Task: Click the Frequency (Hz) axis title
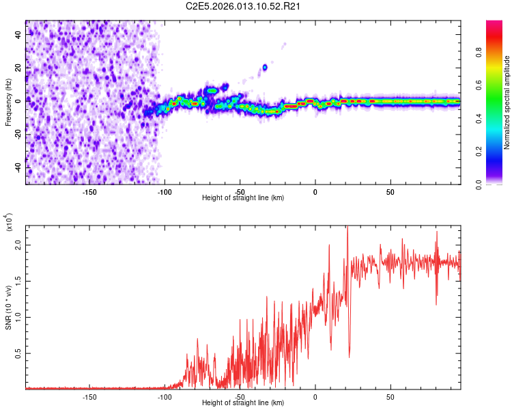coord(8,102)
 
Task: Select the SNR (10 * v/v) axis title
coord(8,307)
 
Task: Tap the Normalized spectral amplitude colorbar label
coord(507,102)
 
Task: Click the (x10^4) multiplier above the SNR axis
coord(9,223)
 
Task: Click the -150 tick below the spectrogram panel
coord(89,192)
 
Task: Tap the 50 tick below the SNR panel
coord(390,397)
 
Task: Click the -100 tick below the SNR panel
coord(165,397)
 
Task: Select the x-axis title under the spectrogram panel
coord(243,198)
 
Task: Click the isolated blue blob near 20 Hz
coord(265,68)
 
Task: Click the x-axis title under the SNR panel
coord(243,403)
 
